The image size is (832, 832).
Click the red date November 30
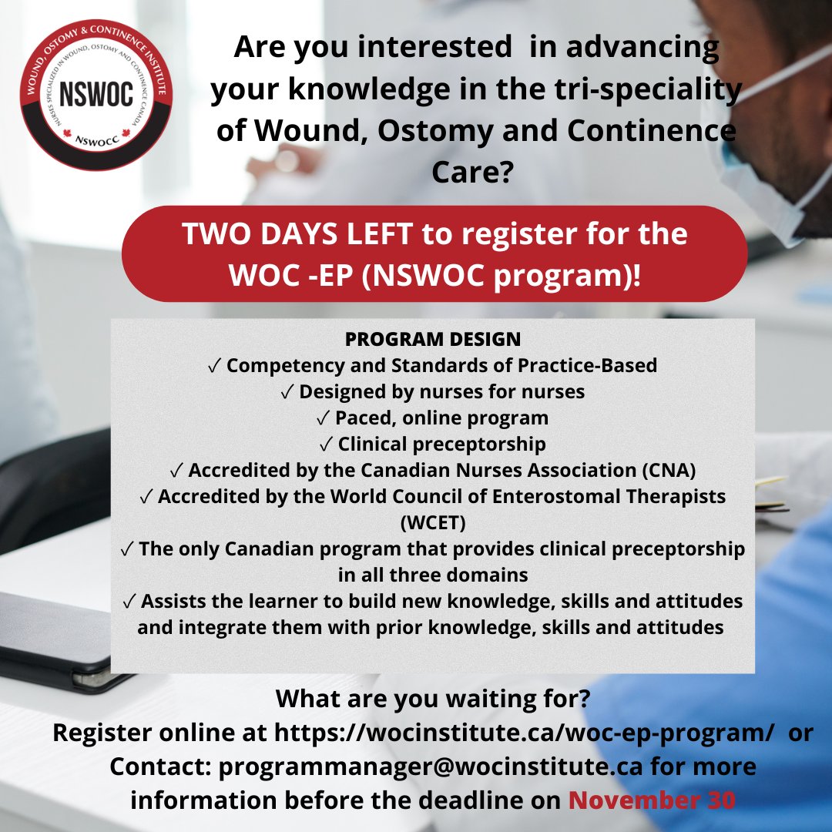coord(652,800)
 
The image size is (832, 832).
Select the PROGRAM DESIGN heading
coord(433,339)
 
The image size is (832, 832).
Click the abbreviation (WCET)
coord(433,524)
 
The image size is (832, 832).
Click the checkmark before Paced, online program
coord(324,418)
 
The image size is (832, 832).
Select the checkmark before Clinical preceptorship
coord(327,445)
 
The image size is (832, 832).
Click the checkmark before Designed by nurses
coord(287,392)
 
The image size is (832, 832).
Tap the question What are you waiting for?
coord(433,699)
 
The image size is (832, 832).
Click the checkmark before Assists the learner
coord(129,602)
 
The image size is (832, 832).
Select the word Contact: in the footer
coord(159,767)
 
